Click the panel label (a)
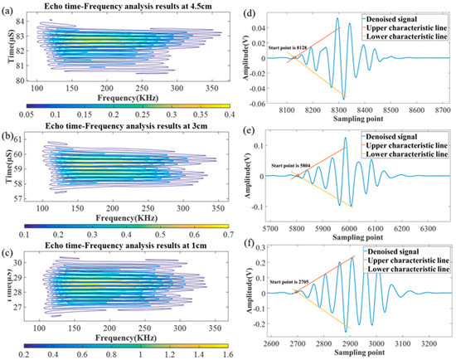pyautogui.click(x=8, y=7)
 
